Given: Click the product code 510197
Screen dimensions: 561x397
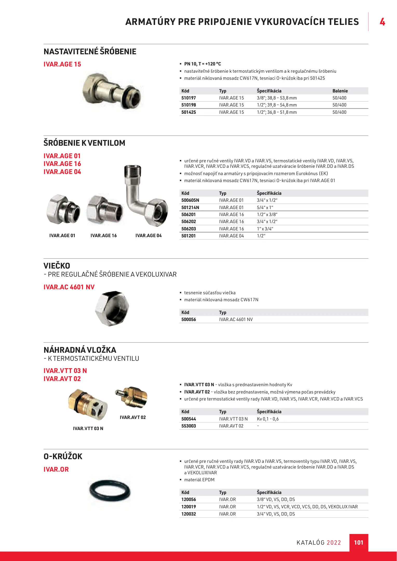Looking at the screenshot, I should [x=189, y=98].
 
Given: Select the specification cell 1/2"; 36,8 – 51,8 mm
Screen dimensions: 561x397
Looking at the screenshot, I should [x=277, y=112].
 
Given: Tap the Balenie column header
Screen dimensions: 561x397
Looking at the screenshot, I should [x=340, y=91].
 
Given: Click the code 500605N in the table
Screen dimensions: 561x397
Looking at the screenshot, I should [x=190, y=200].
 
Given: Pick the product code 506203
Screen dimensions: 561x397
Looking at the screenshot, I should [x=189, y=229].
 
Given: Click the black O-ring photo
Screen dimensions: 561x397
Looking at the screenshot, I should [x=110, y=491].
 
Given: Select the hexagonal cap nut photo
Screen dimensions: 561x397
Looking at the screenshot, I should [x=112, y=308].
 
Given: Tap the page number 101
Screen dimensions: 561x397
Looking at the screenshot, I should [x=359, y=543].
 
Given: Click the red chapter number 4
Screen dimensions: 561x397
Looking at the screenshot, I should [x=382, y=22].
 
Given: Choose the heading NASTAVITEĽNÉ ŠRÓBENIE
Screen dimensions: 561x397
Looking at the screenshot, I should [x=90, y=52].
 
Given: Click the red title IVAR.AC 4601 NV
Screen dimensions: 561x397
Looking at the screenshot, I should [x=69, y=287].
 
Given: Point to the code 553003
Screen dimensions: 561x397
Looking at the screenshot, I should [x=189, y=426].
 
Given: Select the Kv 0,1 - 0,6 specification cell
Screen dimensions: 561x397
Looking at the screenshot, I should [x=267, y=419].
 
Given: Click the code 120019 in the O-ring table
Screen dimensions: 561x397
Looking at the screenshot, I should [x=189, y=507].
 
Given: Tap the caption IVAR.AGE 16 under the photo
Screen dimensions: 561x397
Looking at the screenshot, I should [x=104, y=236].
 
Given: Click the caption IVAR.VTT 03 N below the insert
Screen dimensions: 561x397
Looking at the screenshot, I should [x=88, y=429].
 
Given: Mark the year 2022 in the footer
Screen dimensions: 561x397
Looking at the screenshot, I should [x=334, y=543].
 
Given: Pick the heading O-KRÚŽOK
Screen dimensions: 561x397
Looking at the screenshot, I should [x=63, y=456].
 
